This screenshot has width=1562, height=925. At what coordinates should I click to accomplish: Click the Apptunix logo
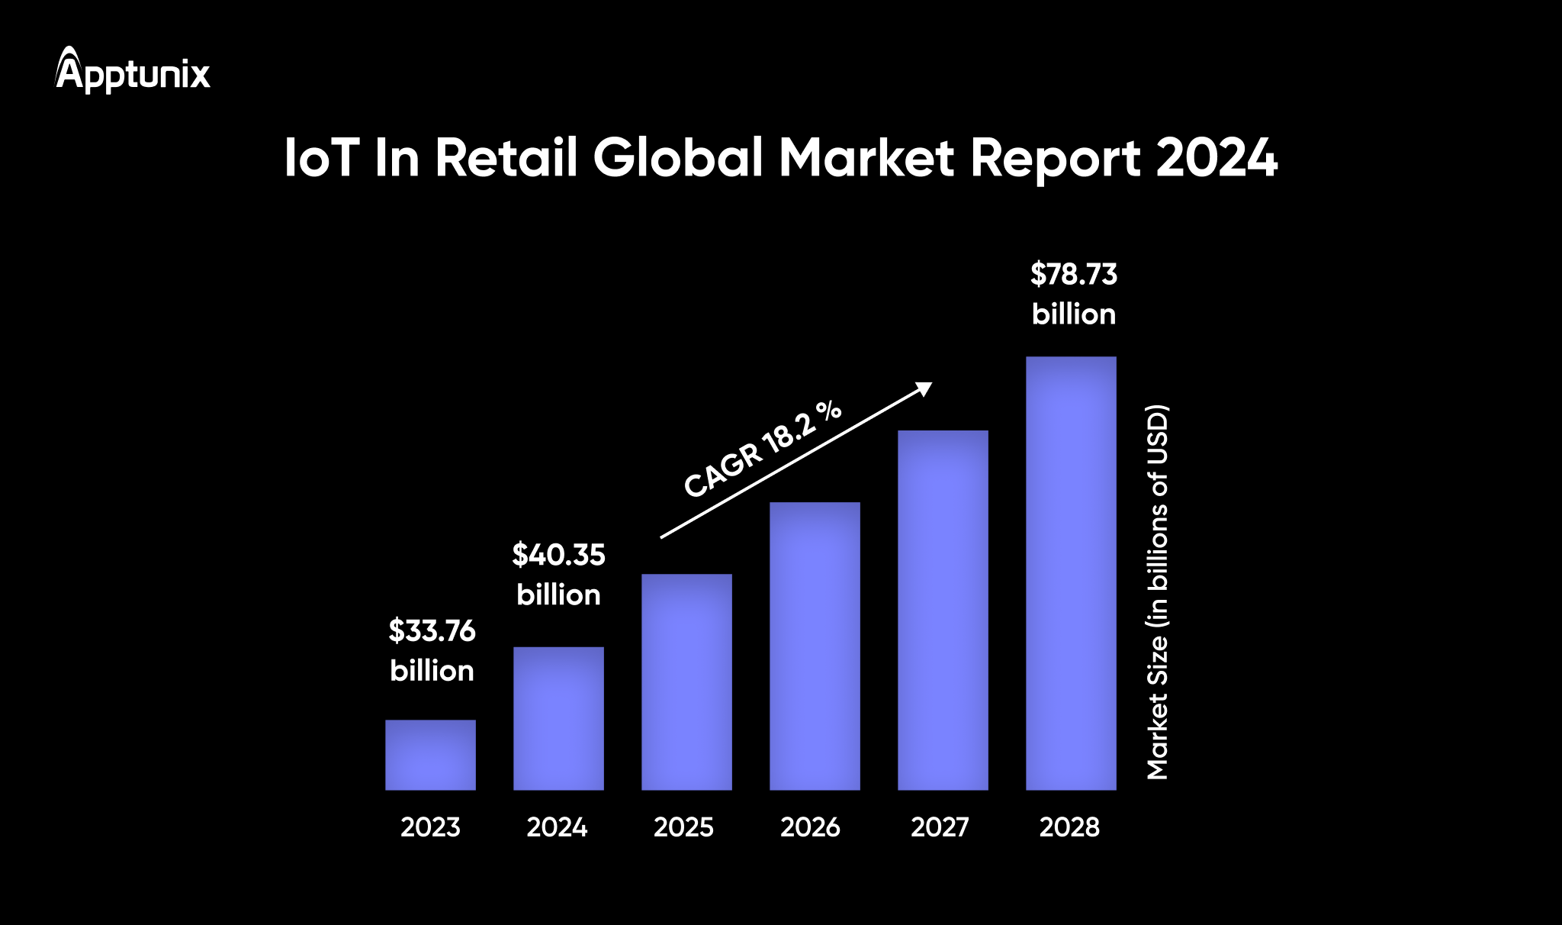[133, 71]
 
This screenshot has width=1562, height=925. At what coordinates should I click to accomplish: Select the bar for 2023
[430, 755]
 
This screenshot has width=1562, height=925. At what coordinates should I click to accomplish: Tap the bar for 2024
[558, 718]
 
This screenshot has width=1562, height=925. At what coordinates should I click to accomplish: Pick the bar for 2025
[686, 682]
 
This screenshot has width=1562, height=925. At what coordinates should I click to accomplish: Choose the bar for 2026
[815, 646]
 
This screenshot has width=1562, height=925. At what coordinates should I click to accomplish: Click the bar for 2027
[943, 610]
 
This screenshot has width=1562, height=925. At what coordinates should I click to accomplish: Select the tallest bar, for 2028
[1071, 572]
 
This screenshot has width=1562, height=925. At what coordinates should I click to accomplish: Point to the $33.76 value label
[432, 631]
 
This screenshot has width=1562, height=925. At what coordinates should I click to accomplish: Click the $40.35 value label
[558, 555]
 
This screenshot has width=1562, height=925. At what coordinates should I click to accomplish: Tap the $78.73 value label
[1073, 275]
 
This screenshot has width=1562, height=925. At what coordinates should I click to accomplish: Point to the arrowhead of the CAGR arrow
[925, 388]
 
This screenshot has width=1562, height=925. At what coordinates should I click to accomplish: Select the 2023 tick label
[430, 827]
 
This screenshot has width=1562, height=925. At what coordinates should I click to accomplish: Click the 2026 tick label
[810, 827]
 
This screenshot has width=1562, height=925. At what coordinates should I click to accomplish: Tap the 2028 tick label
[1069, 827]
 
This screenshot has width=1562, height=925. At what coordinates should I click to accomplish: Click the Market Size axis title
[1157, 592]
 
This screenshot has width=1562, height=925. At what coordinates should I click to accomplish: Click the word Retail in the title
[506, 158]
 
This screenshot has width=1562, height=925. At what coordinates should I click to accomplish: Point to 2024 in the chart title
[1216, 158]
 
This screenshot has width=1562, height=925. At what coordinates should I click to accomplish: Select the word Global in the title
[678, 158]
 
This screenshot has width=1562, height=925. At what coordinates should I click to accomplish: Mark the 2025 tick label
[683, 827]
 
